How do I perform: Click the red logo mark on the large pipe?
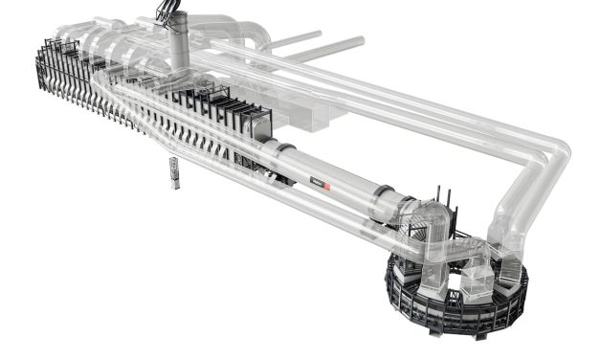(x=326, y=184)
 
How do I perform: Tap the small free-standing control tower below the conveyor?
(x=174, y=172)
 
